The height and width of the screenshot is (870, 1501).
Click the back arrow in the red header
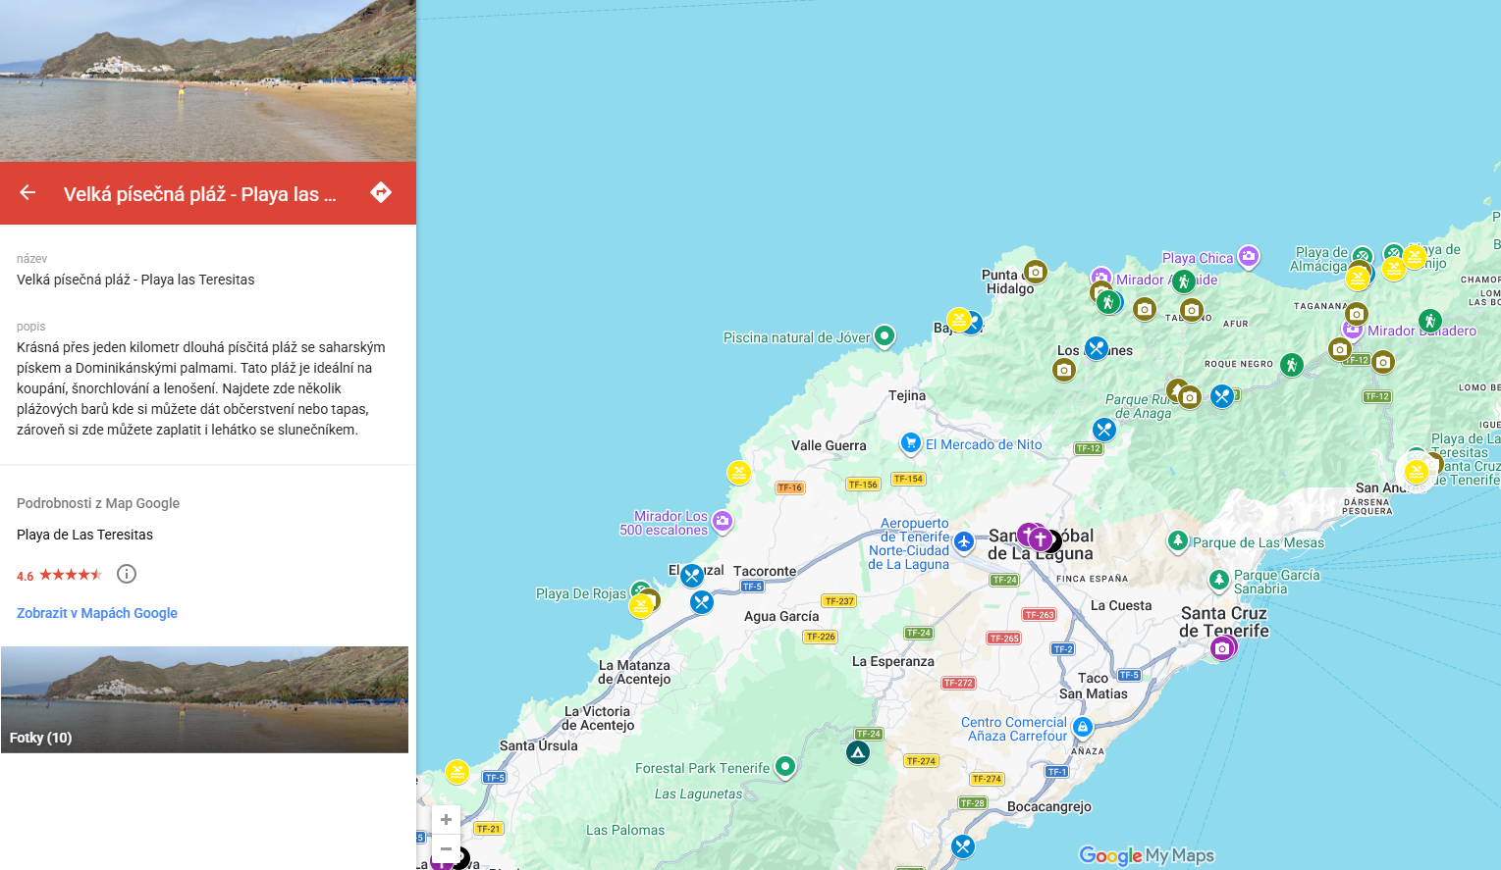(x=27, y=193)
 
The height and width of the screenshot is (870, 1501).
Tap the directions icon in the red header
(x=381, y=192)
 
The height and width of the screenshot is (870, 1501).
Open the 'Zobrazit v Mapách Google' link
(x=97, y=613)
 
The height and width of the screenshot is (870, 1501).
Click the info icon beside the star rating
(x=127, y=574)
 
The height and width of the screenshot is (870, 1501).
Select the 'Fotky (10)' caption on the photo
(x=41, y=738)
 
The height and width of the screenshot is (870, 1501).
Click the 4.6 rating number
(x=26, y=576)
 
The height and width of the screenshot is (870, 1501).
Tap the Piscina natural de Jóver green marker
(x=885, y=335)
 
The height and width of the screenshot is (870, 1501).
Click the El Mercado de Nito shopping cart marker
(x=911, y=442)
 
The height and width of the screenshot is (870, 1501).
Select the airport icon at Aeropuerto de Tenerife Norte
(x=964, y=541)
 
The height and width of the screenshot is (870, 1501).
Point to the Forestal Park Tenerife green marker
(x=785, y=765)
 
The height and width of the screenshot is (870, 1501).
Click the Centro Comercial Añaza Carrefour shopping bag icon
(x=1083, y=726)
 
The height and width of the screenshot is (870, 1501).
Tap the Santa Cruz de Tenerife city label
(x=1224, y=622)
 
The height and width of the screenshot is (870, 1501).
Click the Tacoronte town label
(x=765, y=571)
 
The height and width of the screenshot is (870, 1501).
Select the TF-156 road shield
(x=863, y=485)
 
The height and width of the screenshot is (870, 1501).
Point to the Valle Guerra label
(x=829, y=445)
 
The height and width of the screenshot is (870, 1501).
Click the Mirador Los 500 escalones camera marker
(x=723, y=520)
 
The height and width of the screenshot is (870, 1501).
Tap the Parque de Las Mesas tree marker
(x=1178, y=539)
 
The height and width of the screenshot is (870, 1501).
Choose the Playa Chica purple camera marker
(x=1248, y=256)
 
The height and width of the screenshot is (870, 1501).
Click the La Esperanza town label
(x=893, y=661)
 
